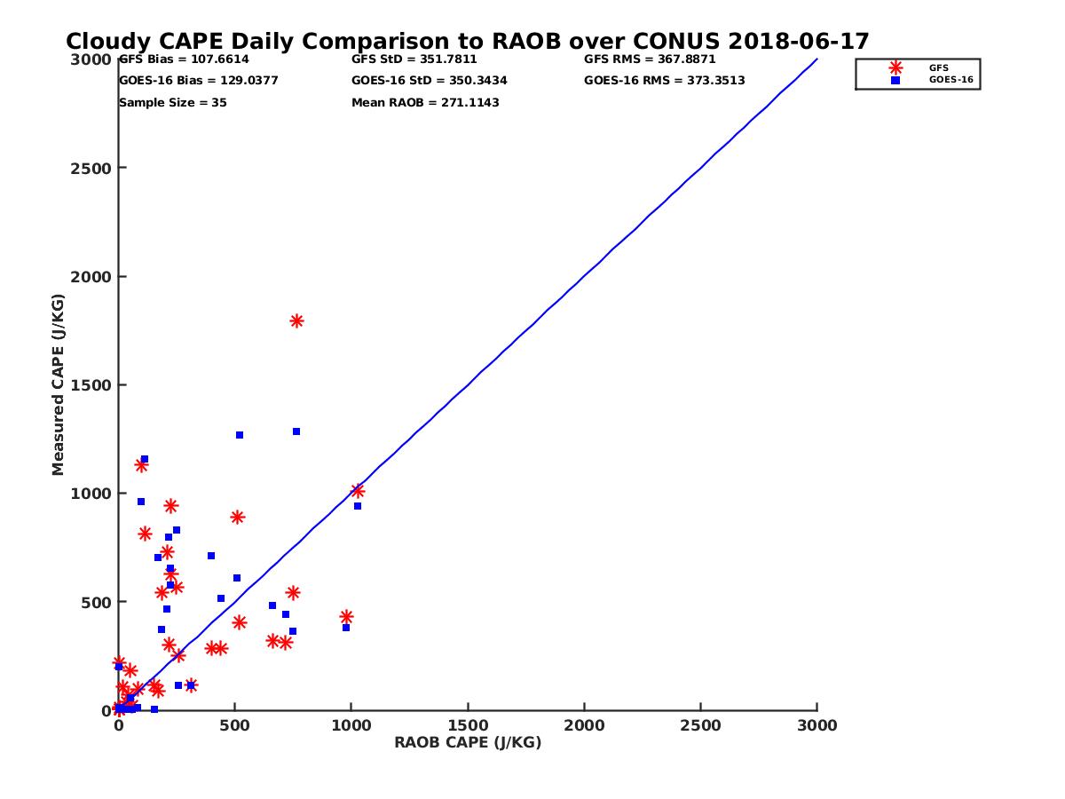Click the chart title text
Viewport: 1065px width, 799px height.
point(468,42)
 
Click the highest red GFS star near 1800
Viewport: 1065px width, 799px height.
point(296,321)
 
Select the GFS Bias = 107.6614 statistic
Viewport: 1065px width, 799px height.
point(184,59)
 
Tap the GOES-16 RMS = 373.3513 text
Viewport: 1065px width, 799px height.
point(664,81)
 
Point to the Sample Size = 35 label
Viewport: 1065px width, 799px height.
point(173,103)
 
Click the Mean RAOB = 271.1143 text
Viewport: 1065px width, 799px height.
point(425,103)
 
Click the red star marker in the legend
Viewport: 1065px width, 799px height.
point(895,67)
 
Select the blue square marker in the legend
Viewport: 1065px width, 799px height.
point(895,80)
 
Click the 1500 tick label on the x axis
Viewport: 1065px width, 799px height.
point(468,726)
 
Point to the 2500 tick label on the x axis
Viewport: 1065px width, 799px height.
point(701,726)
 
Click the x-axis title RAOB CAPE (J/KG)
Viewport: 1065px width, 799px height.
point(468,743)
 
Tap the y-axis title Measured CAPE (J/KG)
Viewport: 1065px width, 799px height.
point(59,385)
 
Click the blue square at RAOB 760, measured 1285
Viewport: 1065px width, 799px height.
point(296,431)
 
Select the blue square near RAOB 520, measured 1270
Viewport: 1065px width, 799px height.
point(240,435)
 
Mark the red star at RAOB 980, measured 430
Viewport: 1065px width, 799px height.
point(346,617)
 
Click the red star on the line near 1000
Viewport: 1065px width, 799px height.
point(358,491)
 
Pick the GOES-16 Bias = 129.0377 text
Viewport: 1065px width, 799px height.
point(199,81)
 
